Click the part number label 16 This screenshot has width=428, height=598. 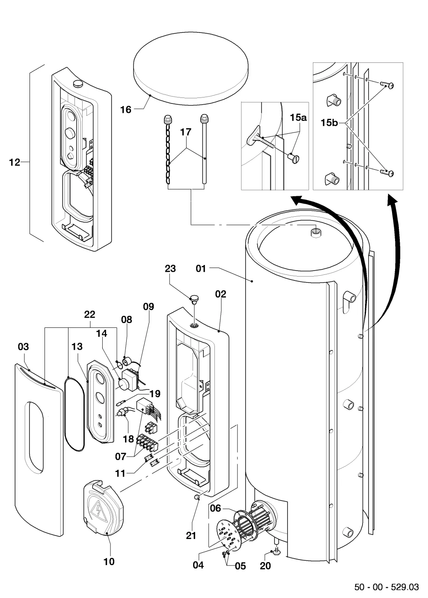pos(126,109)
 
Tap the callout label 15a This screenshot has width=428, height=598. pos(298,118)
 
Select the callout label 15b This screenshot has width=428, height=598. pos(329,123)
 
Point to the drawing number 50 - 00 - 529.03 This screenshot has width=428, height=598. pos(386,587)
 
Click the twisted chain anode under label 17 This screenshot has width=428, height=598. pos(168,149)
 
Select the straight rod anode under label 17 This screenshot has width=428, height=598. pos(204,149)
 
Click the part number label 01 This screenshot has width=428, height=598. pos(201,268)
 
